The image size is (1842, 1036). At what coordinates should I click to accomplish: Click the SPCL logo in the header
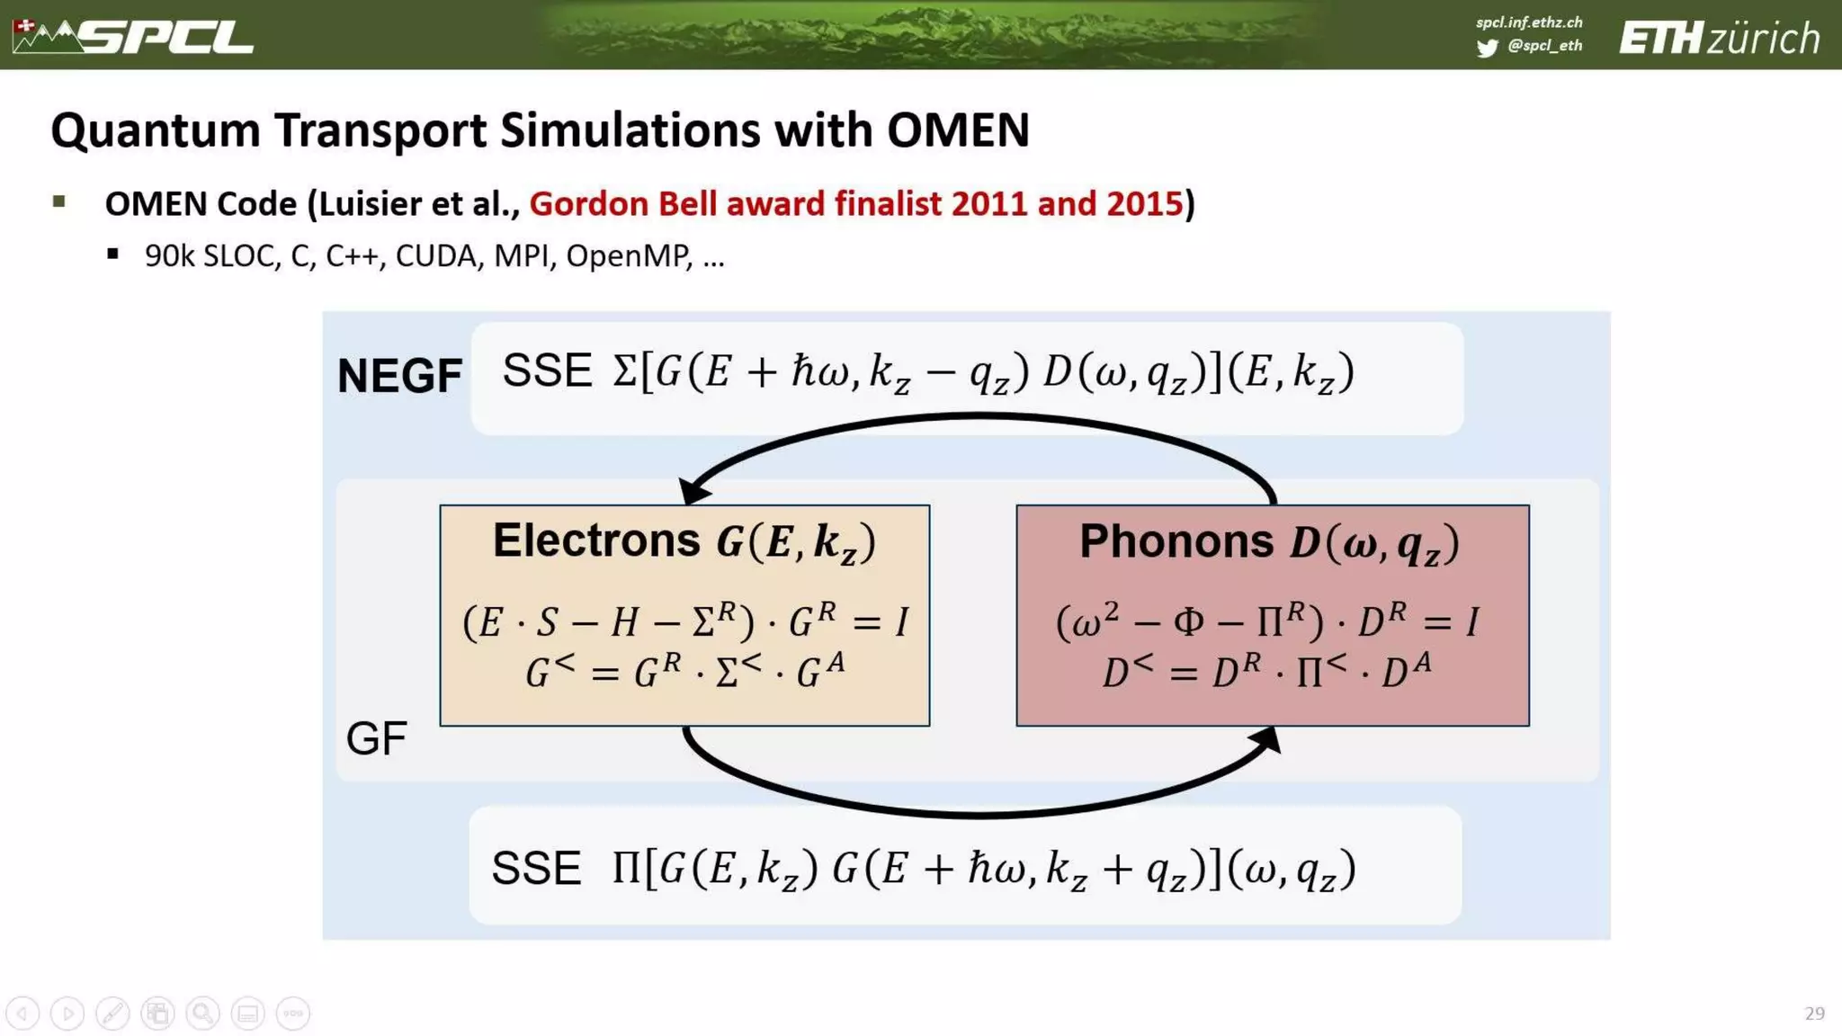pos(135,36)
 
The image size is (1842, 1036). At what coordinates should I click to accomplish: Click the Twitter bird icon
pos(1487,48)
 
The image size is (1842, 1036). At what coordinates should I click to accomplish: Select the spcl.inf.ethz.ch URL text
pos(1529,22)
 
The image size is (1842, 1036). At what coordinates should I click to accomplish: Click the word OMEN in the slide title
pos(958,130)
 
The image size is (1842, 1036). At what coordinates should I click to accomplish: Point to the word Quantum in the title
pos(155,130)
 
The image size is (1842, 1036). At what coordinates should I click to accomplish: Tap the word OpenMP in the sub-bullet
pos(628,256)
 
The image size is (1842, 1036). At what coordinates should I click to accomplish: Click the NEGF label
pos(399,376)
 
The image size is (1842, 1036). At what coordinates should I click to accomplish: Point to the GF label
pos(376,738)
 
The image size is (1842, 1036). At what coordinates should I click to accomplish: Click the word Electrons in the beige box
pos(595,540)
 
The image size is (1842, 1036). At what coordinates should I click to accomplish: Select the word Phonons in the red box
pos(1176,541)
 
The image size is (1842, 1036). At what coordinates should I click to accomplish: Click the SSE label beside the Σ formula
pos(547,371)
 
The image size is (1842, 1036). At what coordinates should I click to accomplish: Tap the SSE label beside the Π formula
pos(536,869)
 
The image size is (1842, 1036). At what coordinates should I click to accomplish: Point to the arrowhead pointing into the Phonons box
pos(1266,740)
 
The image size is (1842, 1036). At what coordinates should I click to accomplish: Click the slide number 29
pos(1814,1014)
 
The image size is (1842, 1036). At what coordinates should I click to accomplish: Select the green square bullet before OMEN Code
pos(59,201)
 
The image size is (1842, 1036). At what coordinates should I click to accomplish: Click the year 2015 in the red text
pos(1144,204)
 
